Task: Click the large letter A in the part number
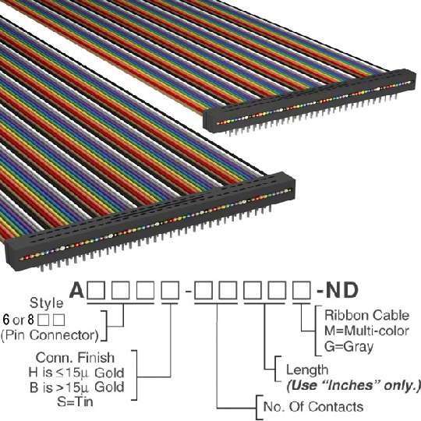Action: point(76,290)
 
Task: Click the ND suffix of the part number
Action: point(341,290)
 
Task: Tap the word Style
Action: point(47,303)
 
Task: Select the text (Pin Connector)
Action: point(50,335)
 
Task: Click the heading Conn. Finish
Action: point(75,358)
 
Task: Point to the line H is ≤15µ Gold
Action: point(76,373)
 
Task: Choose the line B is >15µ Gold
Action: point(76,387)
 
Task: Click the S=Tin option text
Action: point(75,402)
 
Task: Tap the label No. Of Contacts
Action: point(313,406)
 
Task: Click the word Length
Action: point(307,370)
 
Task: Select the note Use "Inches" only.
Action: point(353,386)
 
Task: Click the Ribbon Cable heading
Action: point(366,315)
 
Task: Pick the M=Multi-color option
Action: point(366,331)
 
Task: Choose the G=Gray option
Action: point(348,346)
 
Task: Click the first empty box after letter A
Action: point(96,290)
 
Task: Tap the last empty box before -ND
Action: point(302,290)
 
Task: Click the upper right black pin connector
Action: point(310,101)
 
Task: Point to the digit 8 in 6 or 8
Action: point(31,320)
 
